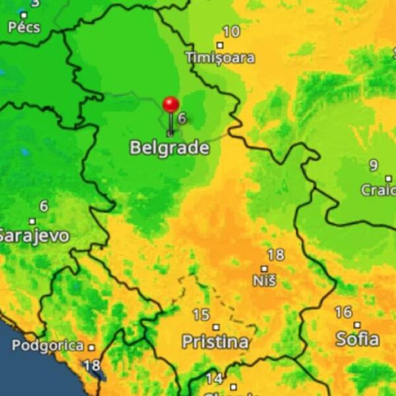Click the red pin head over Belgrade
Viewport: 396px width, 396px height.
(x=171, y=104)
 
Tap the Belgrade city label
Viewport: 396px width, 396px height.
(x=170, y=148)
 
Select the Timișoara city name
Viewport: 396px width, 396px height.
(x=220, y=57)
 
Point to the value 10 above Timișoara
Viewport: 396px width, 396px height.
(x=231, y=32)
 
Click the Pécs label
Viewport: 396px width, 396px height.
(x=24, y=27)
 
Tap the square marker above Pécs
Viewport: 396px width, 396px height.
(x=24, y=14)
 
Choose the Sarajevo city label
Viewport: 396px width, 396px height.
(x=34, y=235)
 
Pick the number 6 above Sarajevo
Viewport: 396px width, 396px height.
(x=44, y=207)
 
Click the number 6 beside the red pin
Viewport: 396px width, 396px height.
(x=182, y=119)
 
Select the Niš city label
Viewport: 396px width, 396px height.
(x=264, y=281)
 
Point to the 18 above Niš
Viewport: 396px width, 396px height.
(x=276, y=255)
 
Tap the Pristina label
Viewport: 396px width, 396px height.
(x=215, y=342)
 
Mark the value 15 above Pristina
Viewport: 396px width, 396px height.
(x=201, y=315)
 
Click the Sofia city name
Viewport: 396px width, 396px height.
(x=358, y=339)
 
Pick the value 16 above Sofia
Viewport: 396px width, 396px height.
(x=343, y=312)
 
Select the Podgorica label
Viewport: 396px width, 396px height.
(x=48, y=345)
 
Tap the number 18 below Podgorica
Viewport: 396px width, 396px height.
(x=92, y=365)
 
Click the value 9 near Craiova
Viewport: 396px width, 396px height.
(x=374, y=165)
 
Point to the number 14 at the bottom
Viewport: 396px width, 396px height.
(x=214, y=379)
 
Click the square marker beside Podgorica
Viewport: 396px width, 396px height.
(x=91, y=347)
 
